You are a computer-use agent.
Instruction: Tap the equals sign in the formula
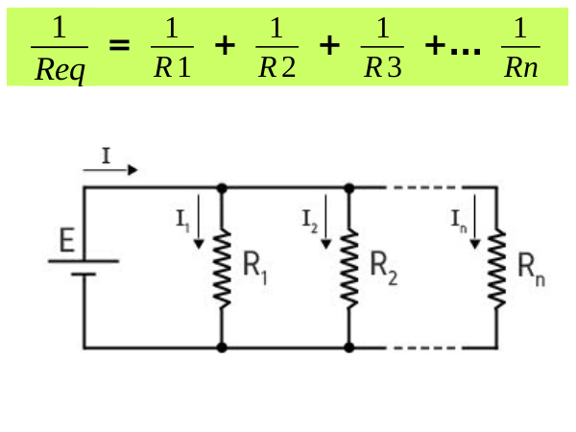tap(120, 47)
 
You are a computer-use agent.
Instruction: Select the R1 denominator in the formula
tap(172, 69)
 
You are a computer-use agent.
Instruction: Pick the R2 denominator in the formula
tap(276, 69)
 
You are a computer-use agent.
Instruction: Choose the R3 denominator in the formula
tap(382, 69)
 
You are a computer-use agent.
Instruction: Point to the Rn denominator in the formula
tap(520, 69)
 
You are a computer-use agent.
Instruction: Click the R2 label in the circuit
tap(382, 266)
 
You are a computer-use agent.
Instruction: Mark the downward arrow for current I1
tap(199, 222)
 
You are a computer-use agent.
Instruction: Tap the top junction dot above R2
tap(349, 187)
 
